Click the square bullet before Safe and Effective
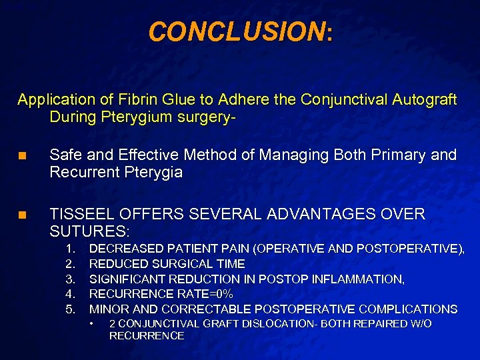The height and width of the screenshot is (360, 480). click(x=21, y=157)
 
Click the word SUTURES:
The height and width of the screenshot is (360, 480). click(x=90, y=231)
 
